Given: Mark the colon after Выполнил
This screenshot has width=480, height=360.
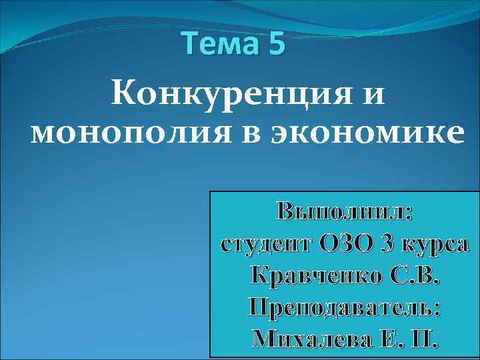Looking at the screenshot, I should coord(409,215).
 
